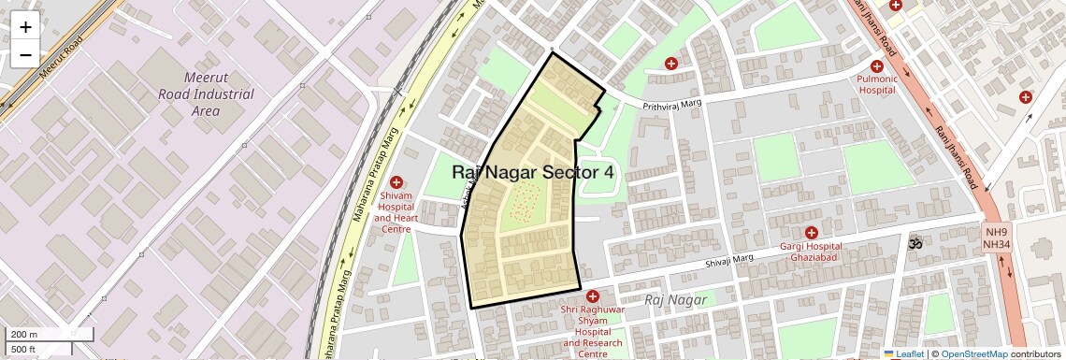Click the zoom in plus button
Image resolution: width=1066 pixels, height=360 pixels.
coord(25,27)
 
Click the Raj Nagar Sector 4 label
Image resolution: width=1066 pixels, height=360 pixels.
coord(533,172)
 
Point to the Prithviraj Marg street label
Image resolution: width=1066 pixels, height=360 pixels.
coord(671,106)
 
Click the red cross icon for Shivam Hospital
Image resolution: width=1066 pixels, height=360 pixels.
coord(396,181)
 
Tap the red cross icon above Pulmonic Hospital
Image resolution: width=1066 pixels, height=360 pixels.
coord(876,65)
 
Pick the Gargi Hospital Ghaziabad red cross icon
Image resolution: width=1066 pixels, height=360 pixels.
coord(811,232)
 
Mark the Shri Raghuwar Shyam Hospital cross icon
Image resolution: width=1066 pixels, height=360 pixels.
coord(592,295)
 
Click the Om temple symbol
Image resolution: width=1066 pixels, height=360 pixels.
coord(915,242)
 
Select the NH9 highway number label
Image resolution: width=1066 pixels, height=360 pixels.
coord(996,232)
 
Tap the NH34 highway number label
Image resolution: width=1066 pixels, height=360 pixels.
coord(996,245)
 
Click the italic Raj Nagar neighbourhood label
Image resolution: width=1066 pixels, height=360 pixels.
coord(675,299)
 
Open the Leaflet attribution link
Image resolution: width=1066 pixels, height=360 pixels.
coord(903,354)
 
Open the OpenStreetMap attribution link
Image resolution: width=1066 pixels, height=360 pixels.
coord(973,354)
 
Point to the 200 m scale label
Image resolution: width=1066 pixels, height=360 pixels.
coord(24,335)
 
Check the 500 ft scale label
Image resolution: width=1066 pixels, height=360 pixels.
coord(24,350)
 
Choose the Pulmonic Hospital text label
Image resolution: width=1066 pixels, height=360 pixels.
coord(876,85)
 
